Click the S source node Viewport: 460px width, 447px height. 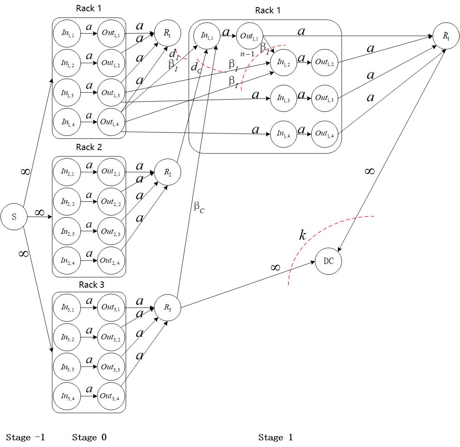[14, 217]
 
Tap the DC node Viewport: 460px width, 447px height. [328, 261]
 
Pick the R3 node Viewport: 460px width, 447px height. [167, 308]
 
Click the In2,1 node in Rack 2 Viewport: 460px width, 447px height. [67, 172]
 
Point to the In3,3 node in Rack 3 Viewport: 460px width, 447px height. [67, 367]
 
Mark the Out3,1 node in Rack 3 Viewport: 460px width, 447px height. [110, 307]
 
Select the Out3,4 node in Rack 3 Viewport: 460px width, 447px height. [110, 396]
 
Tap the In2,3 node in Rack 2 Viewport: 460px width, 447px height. [67, 231]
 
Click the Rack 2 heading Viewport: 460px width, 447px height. [89, 147]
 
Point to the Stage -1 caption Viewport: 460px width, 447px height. [25, 437]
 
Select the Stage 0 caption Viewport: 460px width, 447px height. [89, 437]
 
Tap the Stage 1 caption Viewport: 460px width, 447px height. [275, 437]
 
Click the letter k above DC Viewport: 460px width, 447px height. [302, 236]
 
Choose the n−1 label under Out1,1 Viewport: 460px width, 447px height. [247, 53]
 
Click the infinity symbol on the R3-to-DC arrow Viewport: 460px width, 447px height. [275, 268]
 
